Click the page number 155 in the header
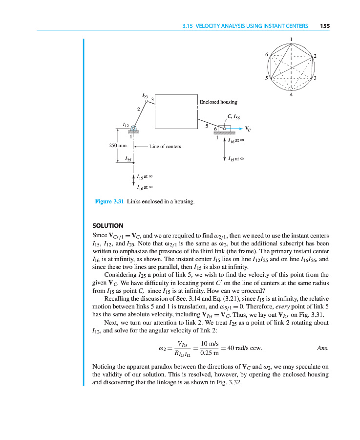(x=325, y=26)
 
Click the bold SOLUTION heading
(x=107, y=225)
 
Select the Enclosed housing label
(x=218, y=102)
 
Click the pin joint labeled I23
(x=147, y=101)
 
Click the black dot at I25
(x=133, y=162)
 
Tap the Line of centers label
(x=165, y=146)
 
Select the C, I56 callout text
(x=234, y=117)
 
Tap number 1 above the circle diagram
(x=291, y=39)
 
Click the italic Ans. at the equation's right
(x=322, y=348)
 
